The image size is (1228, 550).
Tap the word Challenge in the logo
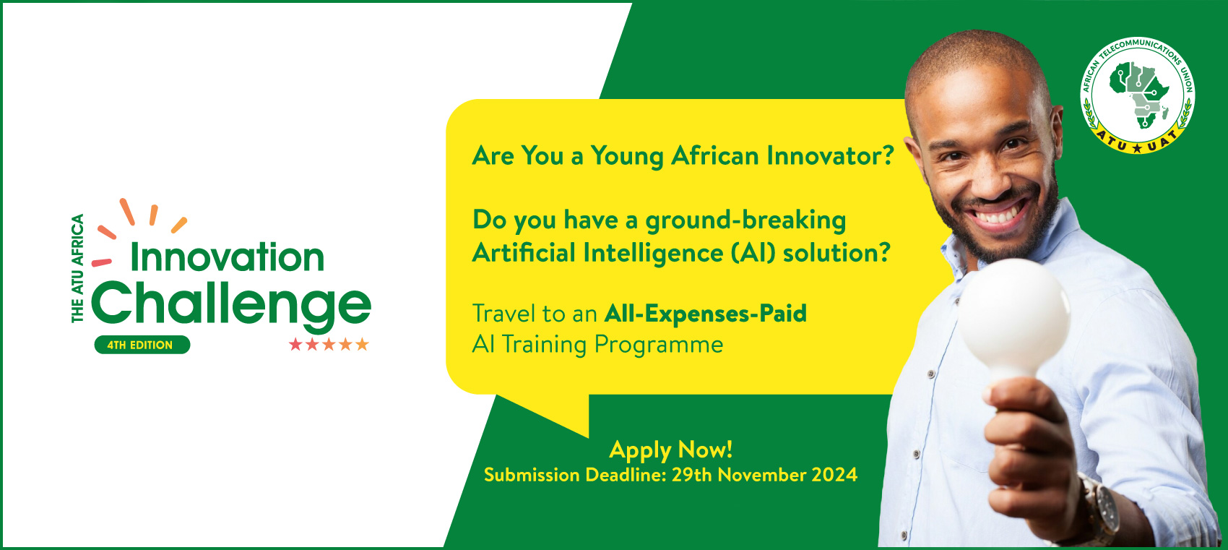tap(231, 305)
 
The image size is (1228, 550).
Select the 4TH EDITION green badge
tap(142, 345)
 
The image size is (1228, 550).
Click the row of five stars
tap(329, 344)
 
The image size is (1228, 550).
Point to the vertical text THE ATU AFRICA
tap(78, 268)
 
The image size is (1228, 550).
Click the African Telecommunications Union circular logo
tap(1138, 95)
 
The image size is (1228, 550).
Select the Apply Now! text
tap(671, 450)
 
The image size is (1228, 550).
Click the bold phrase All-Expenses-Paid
tap(706, 314)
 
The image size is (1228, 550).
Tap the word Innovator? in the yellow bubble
tap(831, 155)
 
